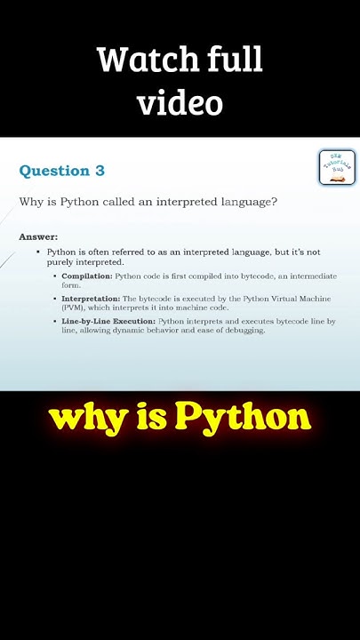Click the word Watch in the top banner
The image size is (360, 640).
tap(136, 60)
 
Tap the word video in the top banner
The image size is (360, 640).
tap(180, 103)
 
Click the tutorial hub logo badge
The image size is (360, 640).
tap(337, 167)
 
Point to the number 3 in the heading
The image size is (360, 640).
tap(100, 171)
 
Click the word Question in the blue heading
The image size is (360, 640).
tap(55, 171)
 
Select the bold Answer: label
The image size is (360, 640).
tap(38, 236)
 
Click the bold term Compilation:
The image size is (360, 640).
tap(86, 276)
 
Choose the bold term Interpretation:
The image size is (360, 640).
tap(91, 299)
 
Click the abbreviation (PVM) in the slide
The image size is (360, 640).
tap(74, 308)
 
